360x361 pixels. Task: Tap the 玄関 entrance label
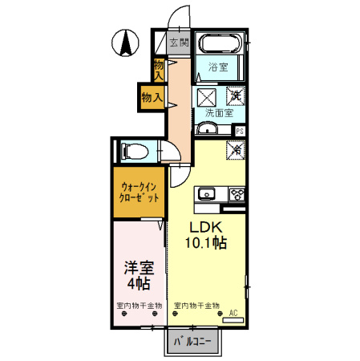(x=179, y=43)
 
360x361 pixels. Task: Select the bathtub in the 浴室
(x=220, y=44)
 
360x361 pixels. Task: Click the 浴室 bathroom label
(x=218, y=67)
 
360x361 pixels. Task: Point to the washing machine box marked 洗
(x=236, y=95)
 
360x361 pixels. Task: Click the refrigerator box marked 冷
(x=236, y=148)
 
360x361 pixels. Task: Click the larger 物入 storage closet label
(x=152, y=97)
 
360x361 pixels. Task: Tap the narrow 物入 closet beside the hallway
(x=159, y=69)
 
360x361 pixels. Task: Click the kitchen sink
(x=208, y=193)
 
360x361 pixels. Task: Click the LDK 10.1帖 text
(x=204, y=235)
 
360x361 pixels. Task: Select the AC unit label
(x=234, y=312)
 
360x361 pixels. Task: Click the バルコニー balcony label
(x=192, y=342)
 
